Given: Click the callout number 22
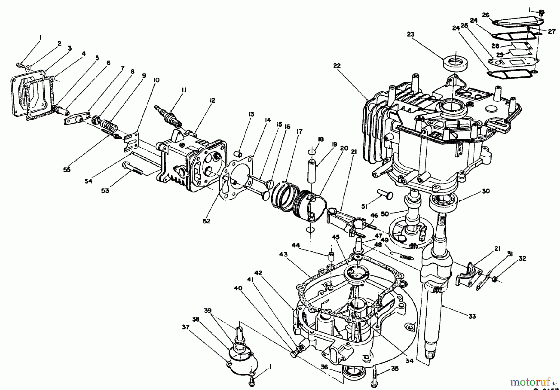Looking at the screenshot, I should coord(337,66).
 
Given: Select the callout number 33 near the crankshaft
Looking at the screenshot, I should coord(472,317).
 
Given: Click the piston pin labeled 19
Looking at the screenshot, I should coord(312,170).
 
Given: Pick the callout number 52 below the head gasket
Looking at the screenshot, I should coord(207,221).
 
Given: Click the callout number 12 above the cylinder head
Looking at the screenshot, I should coord(212,101).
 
